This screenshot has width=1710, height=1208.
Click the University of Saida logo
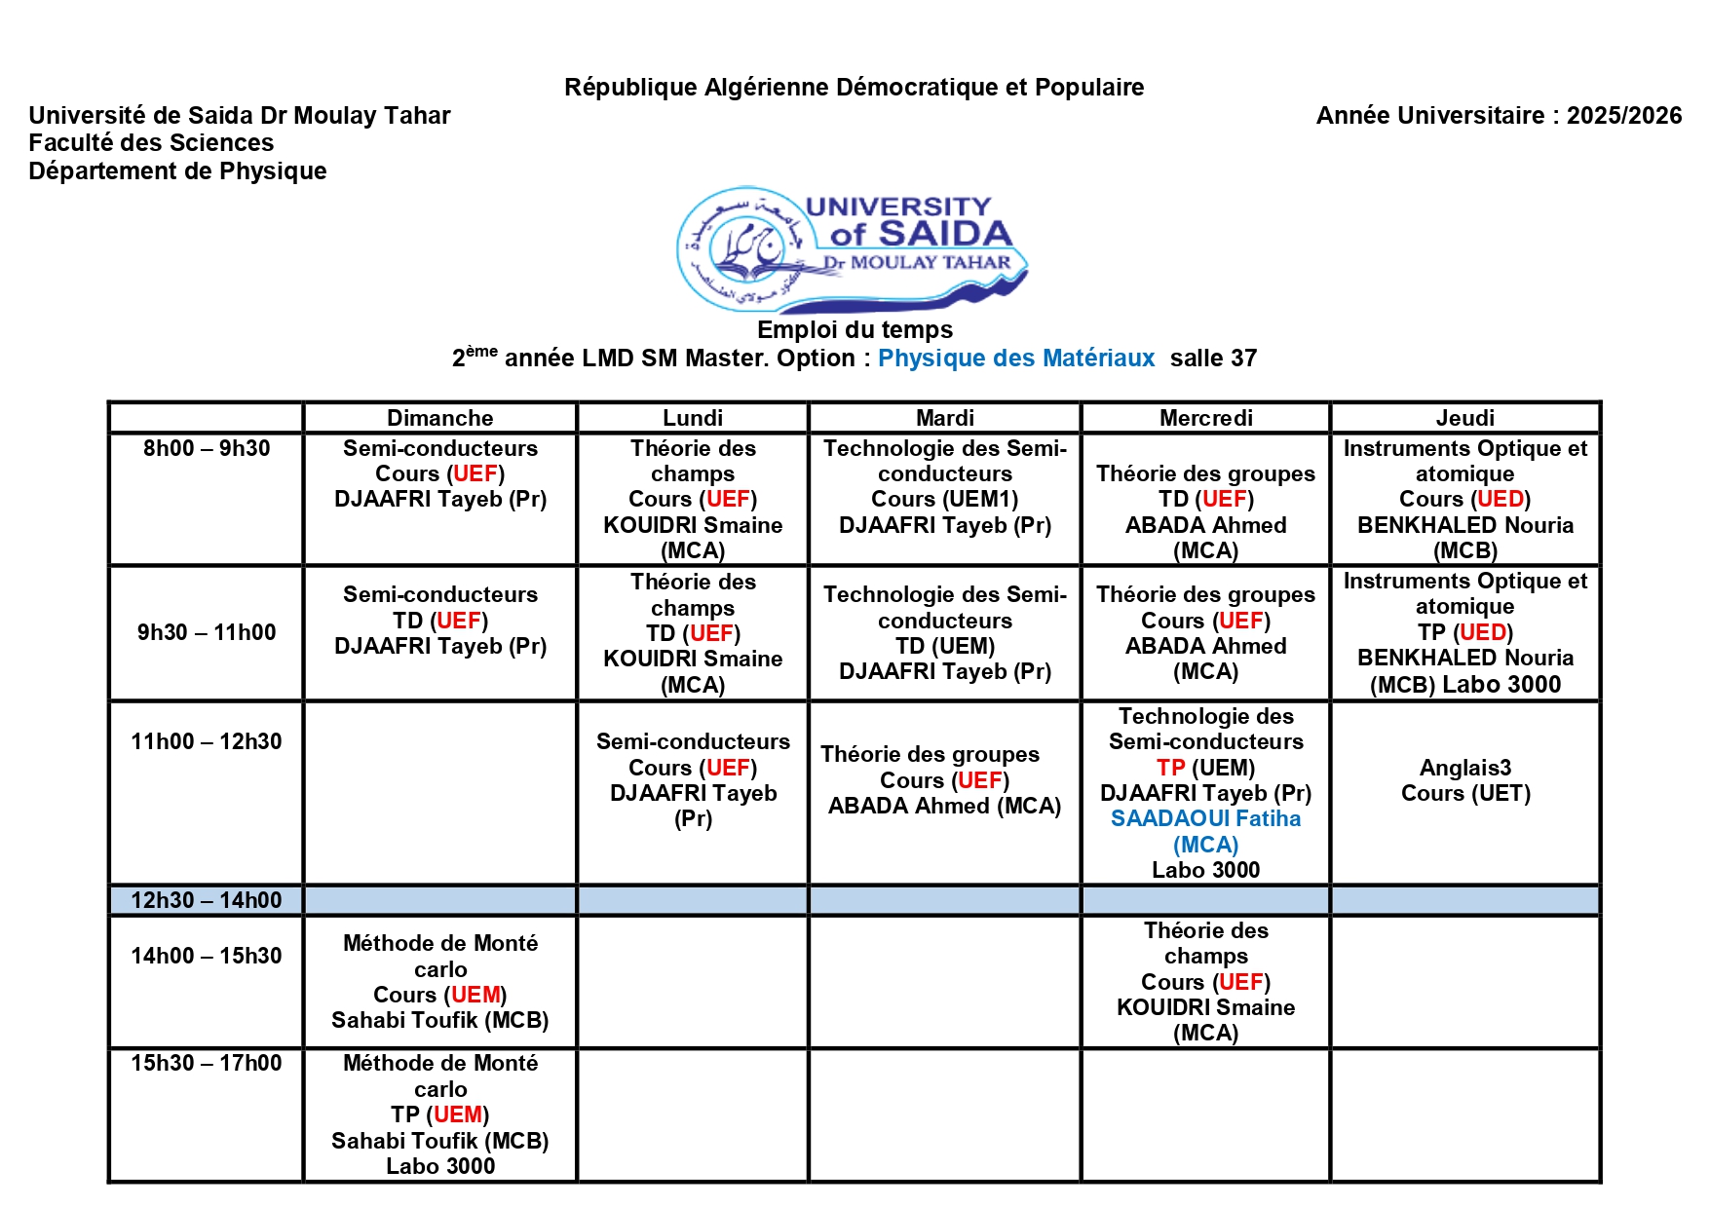853,249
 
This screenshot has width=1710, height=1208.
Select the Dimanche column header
439,418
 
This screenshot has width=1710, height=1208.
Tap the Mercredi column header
1205,418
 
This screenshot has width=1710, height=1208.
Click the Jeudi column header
1464,418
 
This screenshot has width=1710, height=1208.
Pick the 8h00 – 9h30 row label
207,448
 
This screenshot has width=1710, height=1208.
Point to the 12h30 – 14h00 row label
207,900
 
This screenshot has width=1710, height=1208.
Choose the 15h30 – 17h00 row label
207,1063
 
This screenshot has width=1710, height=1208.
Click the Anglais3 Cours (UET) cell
1464,780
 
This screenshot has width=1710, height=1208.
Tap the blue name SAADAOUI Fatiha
1205,818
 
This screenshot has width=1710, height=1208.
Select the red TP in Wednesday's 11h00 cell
1170,768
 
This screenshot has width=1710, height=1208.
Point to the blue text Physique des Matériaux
1015,359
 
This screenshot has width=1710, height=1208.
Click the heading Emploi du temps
855,330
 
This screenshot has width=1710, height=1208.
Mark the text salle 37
1213,359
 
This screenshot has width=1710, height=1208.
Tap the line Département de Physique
177,171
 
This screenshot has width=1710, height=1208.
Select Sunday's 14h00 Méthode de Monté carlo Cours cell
439,982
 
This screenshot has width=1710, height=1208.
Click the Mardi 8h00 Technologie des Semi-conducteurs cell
944,487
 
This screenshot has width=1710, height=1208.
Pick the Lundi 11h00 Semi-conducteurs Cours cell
693,780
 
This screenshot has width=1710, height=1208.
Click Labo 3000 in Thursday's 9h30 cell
1501,685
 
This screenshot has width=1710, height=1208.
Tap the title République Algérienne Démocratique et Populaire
854,88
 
